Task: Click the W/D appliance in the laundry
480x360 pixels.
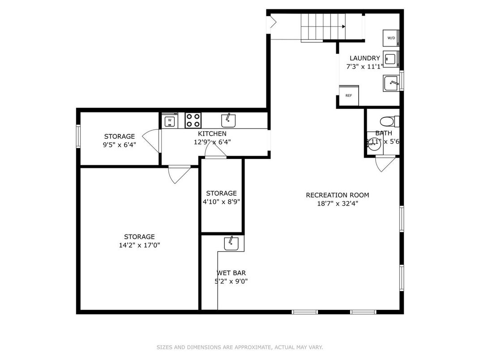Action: point(390,38)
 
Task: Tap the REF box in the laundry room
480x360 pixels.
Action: point(348,95)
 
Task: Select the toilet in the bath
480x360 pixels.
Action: point(386,121)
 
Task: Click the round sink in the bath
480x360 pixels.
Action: point(374,144)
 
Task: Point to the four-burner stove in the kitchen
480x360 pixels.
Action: point(193,120)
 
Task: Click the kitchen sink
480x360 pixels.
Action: point(229,120)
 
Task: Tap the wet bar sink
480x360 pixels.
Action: point(231,244)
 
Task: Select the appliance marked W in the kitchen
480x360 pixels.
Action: point(169,120)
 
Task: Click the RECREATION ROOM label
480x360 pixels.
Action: point(337,195)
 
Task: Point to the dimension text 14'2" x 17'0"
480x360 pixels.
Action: point(139,245)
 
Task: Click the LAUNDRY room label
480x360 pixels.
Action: point(364,58)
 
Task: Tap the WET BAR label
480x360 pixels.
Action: point(231,273)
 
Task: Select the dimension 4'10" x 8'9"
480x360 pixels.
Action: point(221,201)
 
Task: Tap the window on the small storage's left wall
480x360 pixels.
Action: point(78,136)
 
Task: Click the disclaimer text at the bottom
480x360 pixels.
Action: point(240,347)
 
